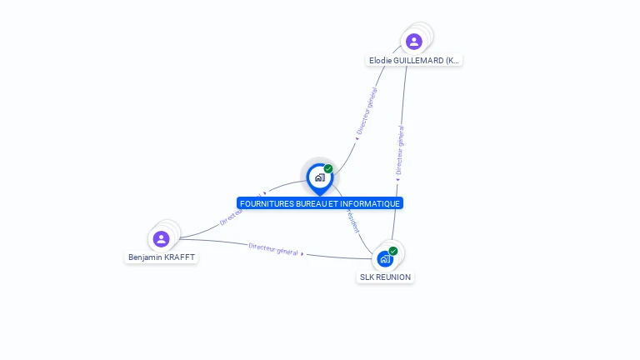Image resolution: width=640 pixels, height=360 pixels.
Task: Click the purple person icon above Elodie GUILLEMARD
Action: [x=413, y=41]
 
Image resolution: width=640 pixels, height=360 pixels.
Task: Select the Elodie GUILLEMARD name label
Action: [x=414, y=61]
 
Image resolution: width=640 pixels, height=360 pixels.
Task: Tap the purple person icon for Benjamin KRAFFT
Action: [x=162, y=239]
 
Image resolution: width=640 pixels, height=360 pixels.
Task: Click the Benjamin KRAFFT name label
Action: [x=162, y=257]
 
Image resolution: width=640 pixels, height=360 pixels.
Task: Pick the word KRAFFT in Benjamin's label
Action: [x=179, y=257]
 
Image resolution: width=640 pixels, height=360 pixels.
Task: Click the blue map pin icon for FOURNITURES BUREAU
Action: [x=319, y=177]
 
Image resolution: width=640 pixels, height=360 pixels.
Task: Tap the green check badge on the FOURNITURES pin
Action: [x=328, y=169]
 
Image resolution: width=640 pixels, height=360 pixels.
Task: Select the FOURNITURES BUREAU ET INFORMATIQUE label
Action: [x=320, y=203]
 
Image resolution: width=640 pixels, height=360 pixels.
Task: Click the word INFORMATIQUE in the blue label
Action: [x=372, y=203]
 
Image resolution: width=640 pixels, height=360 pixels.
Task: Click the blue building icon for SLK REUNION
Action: [x=384, y=259]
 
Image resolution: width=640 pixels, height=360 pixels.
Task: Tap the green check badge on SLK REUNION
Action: [x=393, y=251]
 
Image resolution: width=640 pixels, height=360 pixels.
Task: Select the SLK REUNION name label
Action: [x=385, y=277]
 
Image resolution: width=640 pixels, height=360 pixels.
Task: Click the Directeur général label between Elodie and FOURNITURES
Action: [x=367, y=112]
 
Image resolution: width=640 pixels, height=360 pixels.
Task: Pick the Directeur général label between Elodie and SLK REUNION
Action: [x=401, y=150]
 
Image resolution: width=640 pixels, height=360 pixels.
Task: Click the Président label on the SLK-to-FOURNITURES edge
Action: [x=352, y=221]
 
